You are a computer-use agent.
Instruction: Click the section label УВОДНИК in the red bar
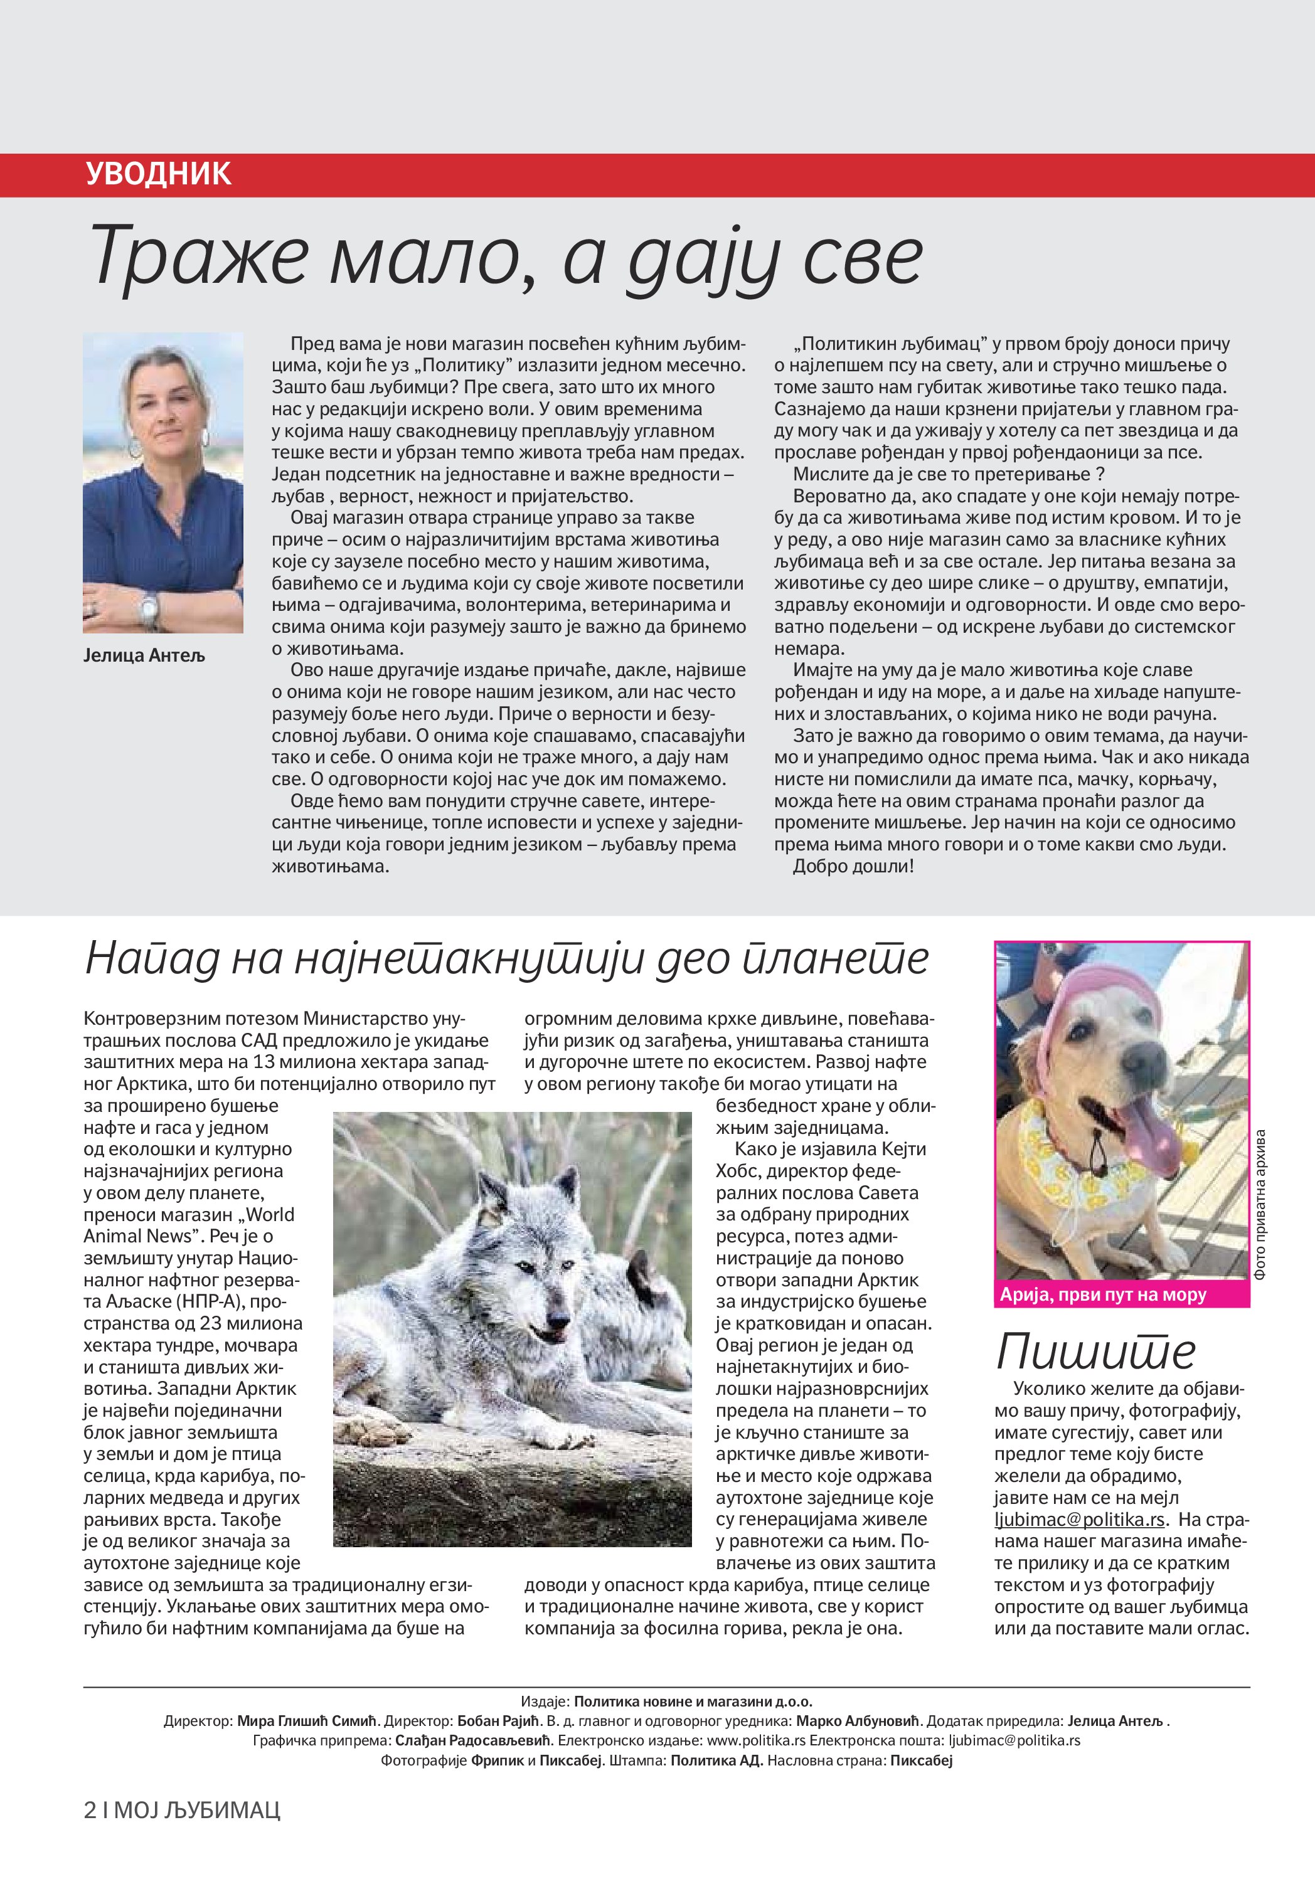(158, 174)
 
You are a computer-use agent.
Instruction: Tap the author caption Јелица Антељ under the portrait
(144, 656)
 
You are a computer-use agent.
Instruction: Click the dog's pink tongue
(1156, 1127)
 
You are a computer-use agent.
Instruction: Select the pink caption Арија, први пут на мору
(1103, 1295)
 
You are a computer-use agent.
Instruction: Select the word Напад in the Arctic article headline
(152, 958)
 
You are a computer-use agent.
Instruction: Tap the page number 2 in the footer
(90, 1810)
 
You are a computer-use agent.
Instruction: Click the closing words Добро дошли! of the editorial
(853, 866)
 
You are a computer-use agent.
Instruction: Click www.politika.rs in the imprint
(756, 1740)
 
